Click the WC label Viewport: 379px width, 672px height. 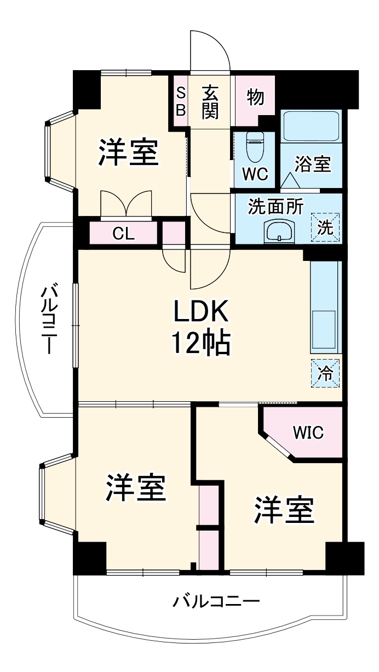(x=256, y=174)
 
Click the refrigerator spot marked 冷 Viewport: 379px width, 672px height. (x=325, y=373)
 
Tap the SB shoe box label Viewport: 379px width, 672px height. (x=181, y=101)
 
